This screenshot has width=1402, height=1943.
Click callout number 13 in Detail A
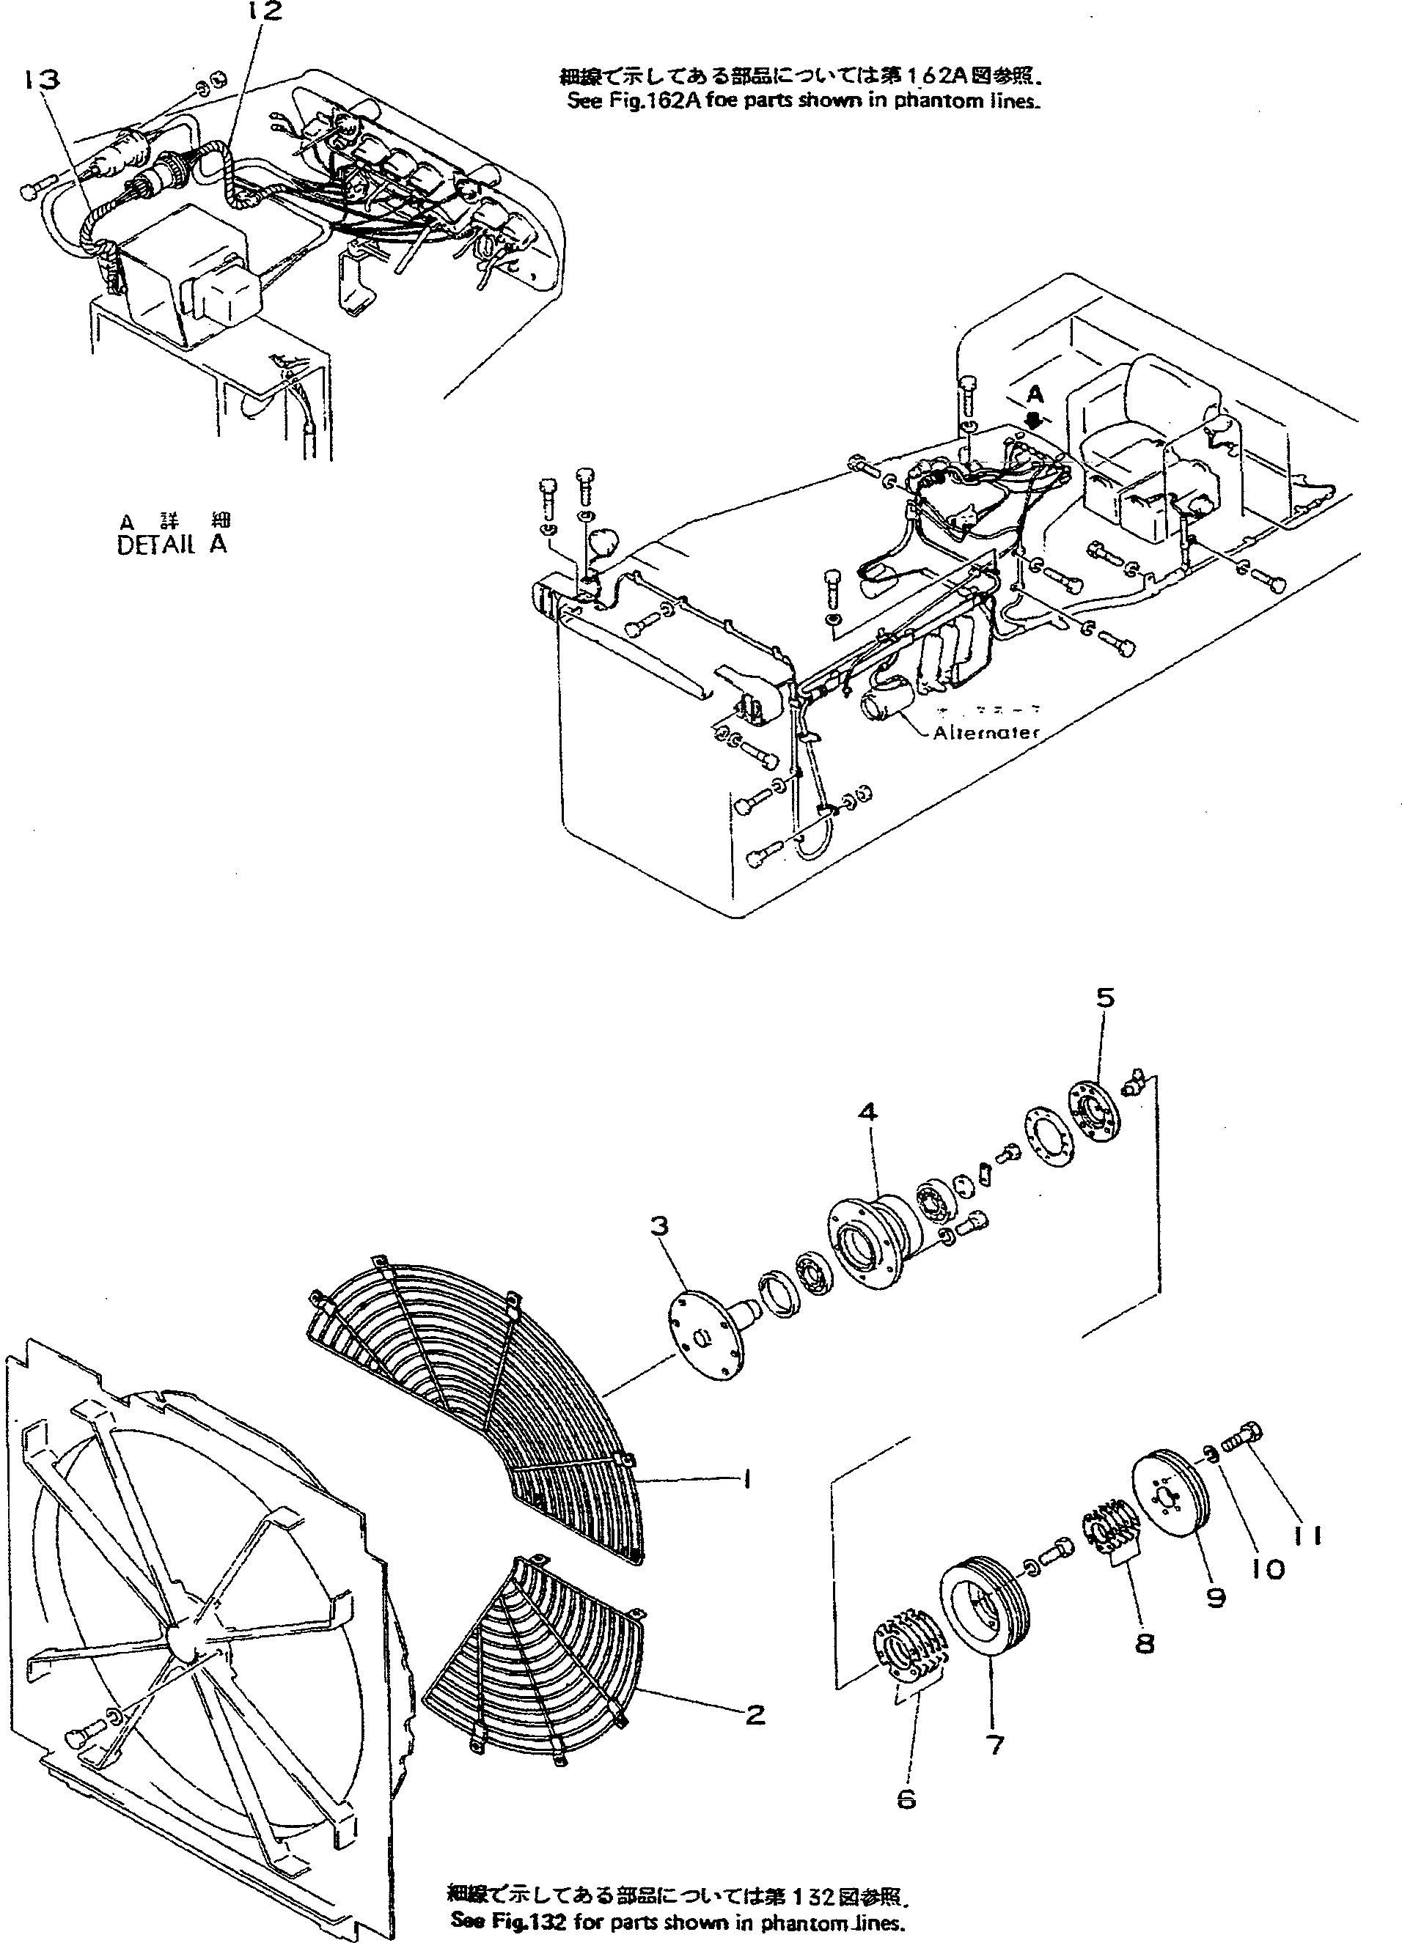pyautogui.click(x=42, y=80)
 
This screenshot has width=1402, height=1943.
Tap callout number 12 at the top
pyautogui.click(x=264, y=11)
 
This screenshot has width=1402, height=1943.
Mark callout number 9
pyautogui.click(x=1215, y=1597)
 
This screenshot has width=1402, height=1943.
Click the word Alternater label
pyautogui.click(x=986, y=732)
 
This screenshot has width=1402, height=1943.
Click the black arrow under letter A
pyautogui.click(x=1035, y=421)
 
